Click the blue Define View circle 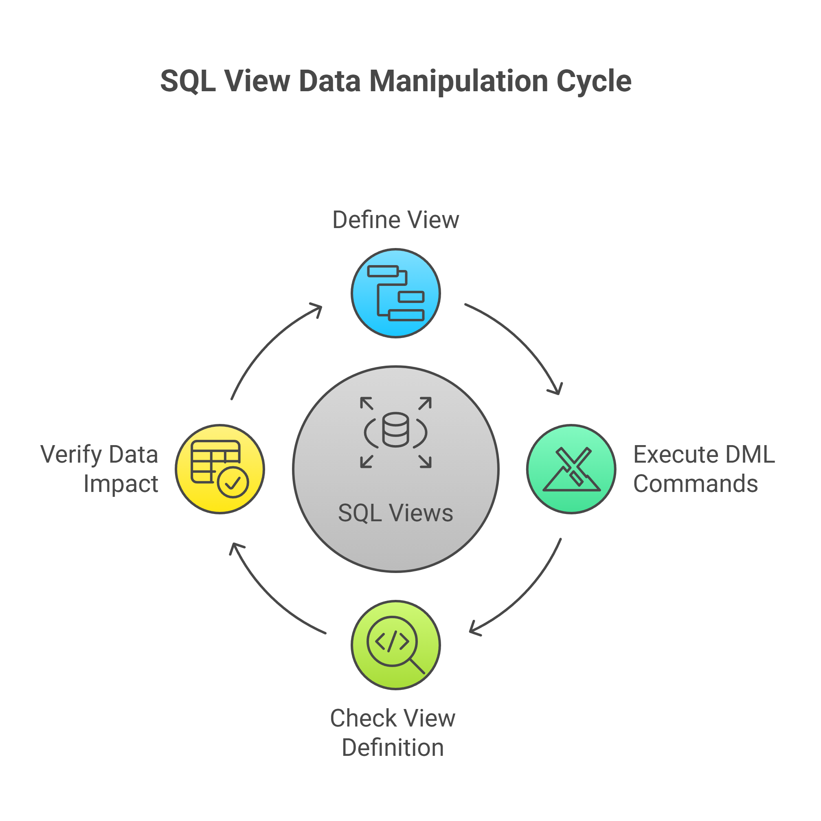point(395,293)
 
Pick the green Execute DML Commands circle point(571,469)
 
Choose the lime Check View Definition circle point(395,645)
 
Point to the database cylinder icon point(395,430)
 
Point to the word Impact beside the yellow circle point(121,485)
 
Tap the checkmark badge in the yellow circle point(233,482)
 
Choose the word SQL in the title point(188,81)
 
